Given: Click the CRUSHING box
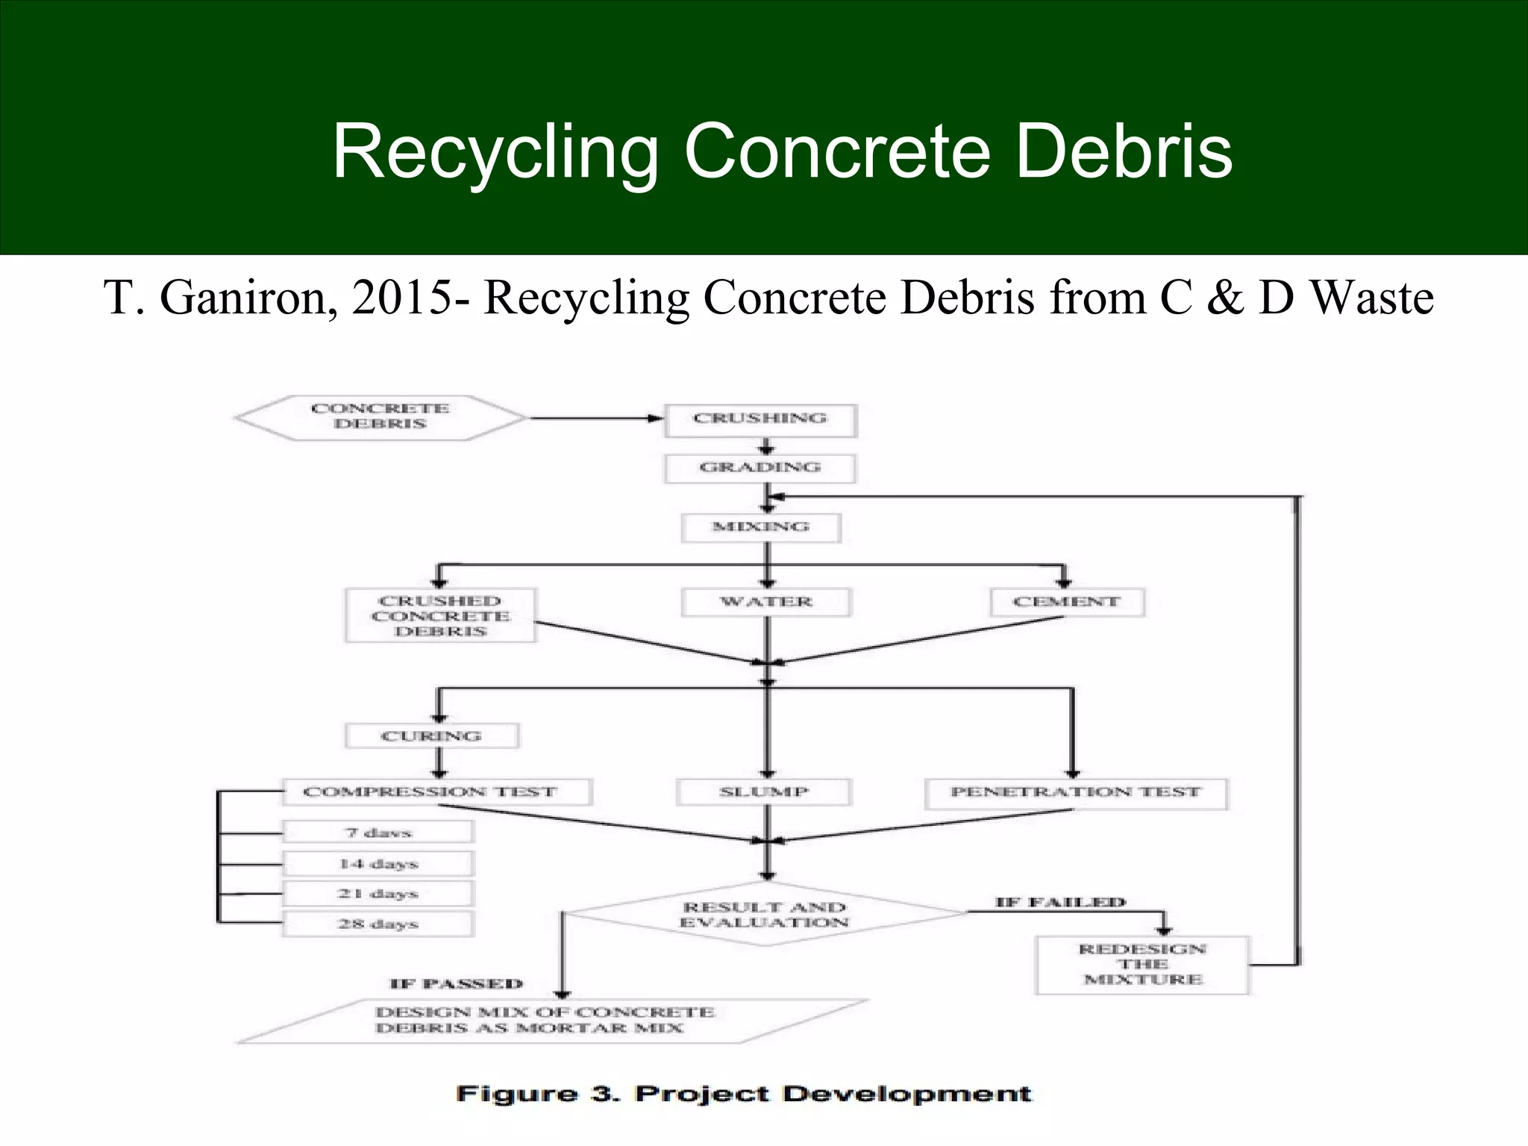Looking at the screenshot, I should point(760,420).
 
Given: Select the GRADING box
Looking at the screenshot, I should point(760,469).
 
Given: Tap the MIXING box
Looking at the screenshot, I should point(760,527).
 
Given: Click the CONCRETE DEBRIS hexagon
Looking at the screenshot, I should point(380,417).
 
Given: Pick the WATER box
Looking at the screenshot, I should point(765,602).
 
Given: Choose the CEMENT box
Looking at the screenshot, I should point(1066,602).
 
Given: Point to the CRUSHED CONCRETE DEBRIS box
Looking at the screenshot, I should point(439,616).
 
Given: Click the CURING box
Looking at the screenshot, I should point(431,736).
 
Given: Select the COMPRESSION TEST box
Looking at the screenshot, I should point(436,792).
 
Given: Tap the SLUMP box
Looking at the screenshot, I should point(763,792).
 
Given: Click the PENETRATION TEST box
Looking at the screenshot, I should point(1075,793).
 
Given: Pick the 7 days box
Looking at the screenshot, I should point(378,832).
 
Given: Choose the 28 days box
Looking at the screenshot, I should point(378,924).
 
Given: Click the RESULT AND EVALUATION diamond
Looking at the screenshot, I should point(764,915).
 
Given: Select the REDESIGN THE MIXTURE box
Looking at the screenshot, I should point(1142,965).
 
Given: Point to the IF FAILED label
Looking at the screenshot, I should point(1059,903).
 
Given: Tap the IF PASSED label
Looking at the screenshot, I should point(456,984).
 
